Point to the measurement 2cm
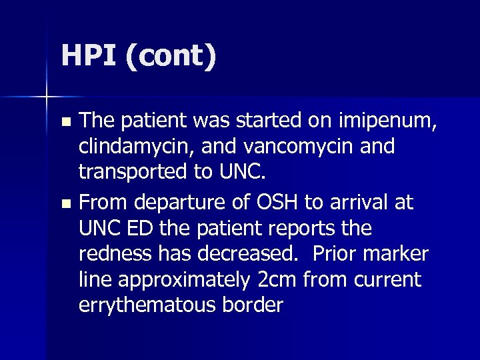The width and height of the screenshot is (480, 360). click(x=277, y=280)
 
